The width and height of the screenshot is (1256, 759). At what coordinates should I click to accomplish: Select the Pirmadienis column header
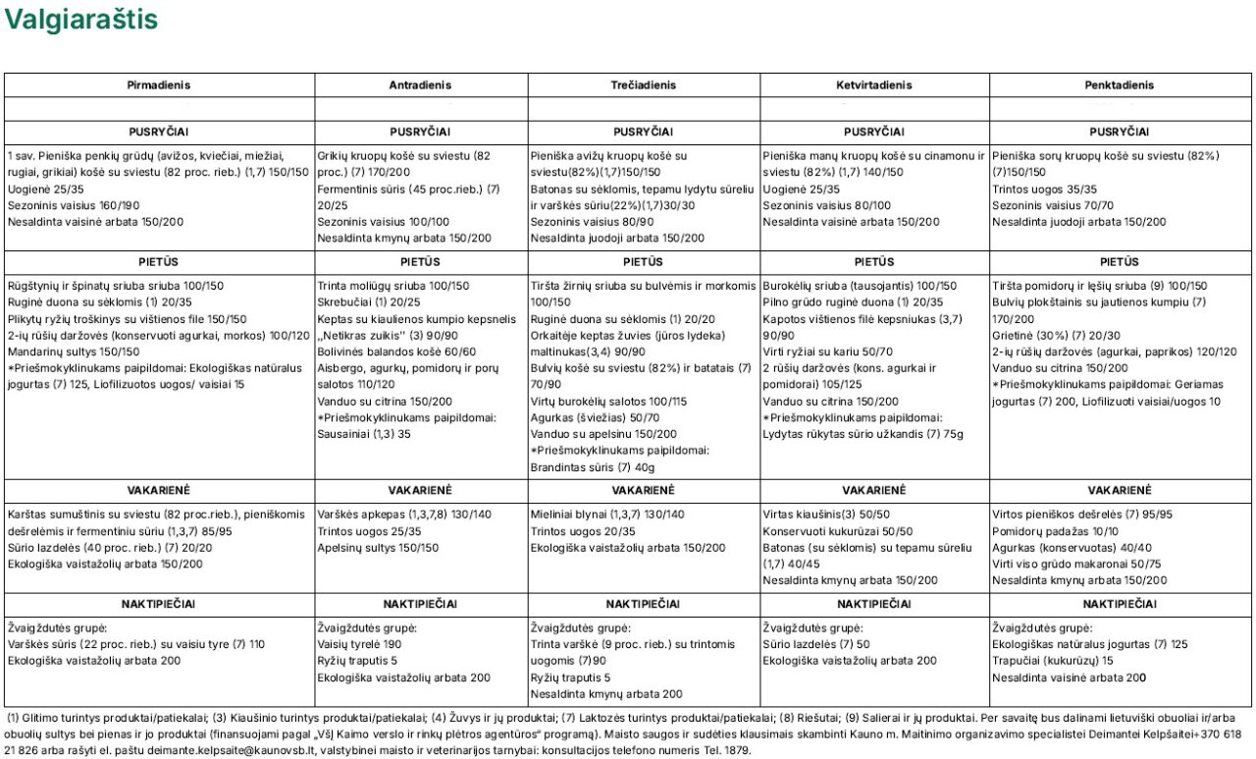pyautogui.click(x=159, y=85)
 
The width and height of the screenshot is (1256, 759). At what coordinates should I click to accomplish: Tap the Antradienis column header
pyautogui.click(x=420, y=85)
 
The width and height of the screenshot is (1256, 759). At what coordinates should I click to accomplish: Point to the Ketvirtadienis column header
pyautogui.click(x=874, y=85)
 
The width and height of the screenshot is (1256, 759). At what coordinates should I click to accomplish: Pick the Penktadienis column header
pyautogui.click(x=1120, y=85)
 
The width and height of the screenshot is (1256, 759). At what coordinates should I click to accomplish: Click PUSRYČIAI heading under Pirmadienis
pyautogui.click(x=159, y=132)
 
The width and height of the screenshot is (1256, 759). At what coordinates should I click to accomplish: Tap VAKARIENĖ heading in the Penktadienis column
pyautogui.click(x=1120, y=490)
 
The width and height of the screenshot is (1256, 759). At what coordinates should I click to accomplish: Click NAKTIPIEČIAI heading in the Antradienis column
pyautogui.click(x=420, y=604)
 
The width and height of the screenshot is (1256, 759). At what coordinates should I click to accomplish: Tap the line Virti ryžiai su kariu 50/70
pyautogui.click(x=813, y=352)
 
